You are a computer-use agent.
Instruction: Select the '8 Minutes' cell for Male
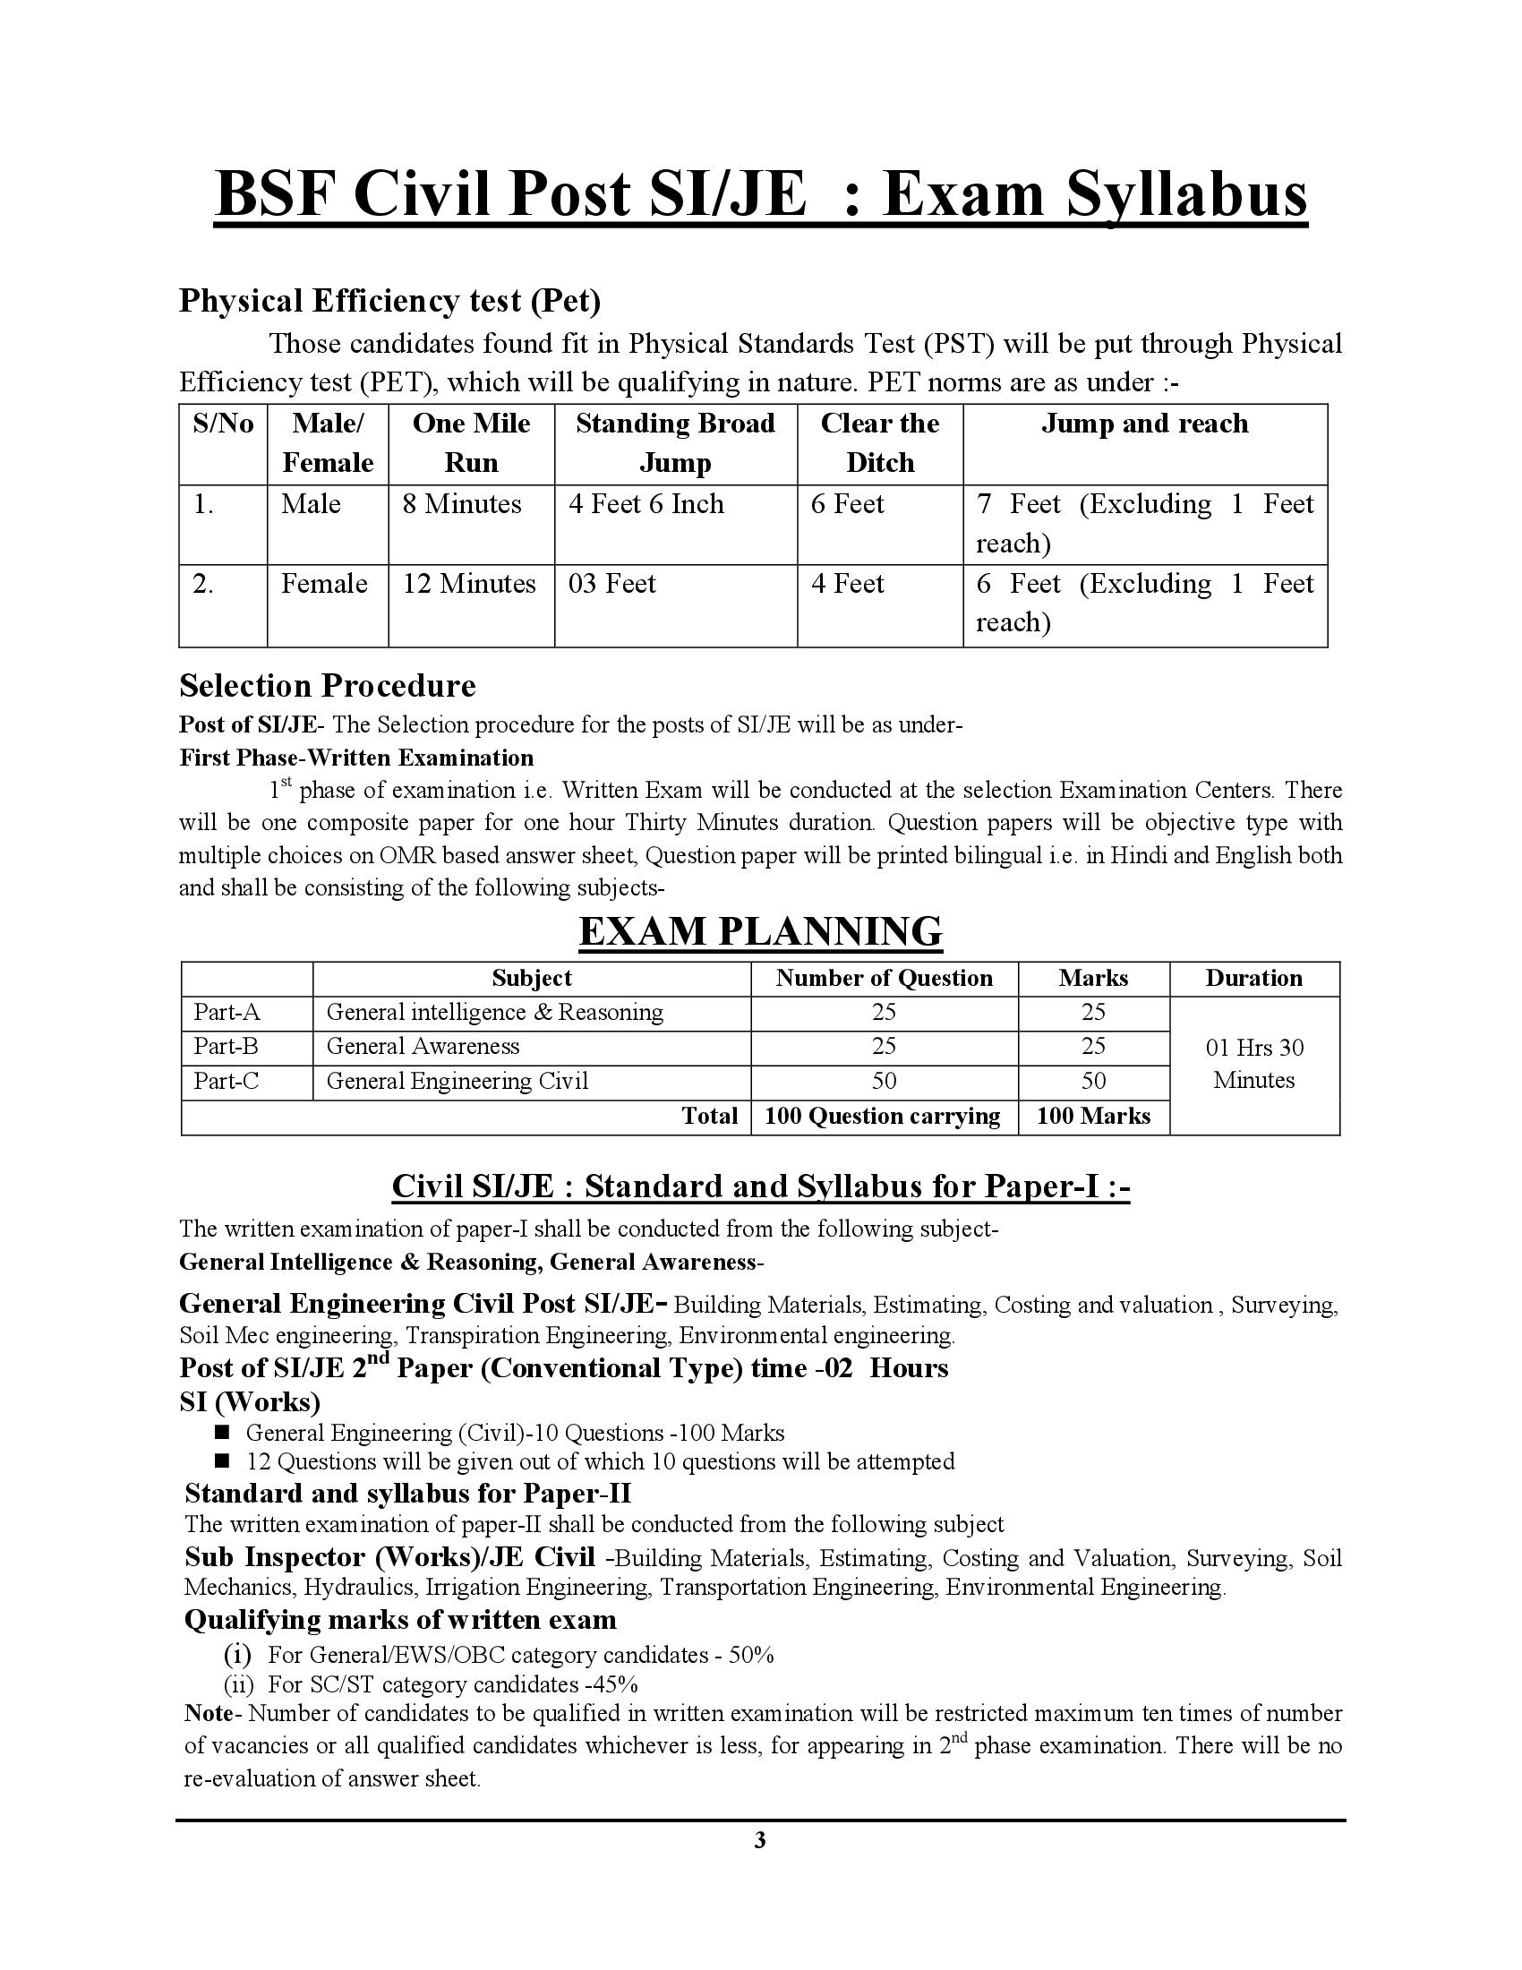pos(462,503)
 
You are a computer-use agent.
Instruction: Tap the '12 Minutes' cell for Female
pos(469,584)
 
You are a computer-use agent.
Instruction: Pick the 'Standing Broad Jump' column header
pos(675,443)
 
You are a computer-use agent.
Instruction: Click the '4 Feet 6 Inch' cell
pos(646,503)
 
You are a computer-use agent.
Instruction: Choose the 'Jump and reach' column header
pos(1144,423)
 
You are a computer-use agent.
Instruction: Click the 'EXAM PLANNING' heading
pos(760,931)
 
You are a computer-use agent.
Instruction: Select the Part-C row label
pos(227,1081)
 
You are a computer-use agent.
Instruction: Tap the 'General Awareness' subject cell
pos(423,1046)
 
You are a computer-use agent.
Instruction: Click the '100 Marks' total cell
pos(1093,1116)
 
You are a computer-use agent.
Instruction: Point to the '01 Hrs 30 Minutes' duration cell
pos(1253,1064)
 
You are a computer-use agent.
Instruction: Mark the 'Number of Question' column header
pos(884,978)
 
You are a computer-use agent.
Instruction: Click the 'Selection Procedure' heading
pos(328,686)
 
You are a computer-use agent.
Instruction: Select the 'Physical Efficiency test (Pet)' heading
pos(389,300)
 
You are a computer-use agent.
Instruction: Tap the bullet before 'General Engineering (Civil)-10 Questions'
pos(223,1432)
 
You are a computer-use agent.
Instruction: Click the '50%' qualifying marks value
pos(751,1655)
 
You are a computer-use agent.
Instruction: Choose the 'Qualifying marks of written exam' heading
pos(400,1620)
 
